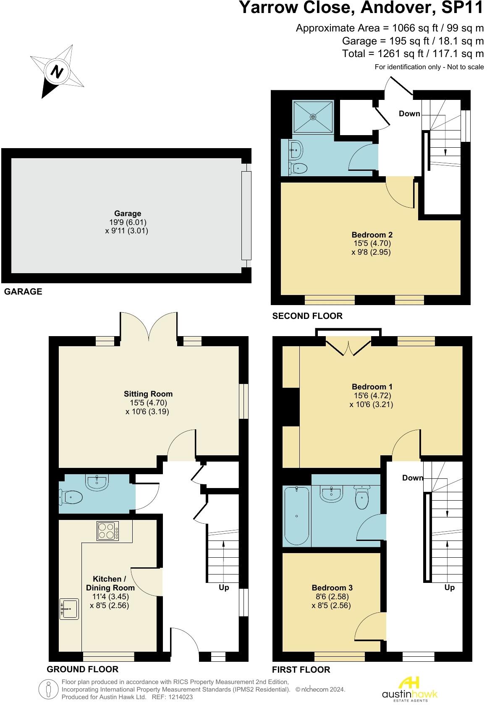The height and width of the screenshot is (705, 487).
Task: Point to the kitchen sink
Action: pos(70,608)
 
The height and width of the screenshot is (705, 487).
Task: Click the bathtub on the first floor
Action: pos(297,515)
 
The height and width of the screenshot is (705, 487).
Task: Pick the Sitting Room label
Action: pos(148,394)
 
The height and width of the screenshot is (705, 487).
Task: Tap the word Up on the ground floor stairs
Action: pos(224,587)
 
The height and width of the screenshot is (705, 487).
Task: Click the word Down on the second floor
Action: pos(409,113)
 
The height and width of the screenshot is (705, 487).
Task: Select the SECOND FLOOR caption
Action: pos(307,316)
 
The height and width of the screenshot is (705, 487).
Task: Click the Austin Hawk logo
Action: pos(409,688)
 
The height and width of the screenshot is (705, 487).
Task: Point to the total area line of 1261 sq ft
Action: pos(413,54)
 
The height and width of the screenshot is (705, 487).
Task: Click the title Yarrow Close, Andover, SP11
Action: pos(361,8)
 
